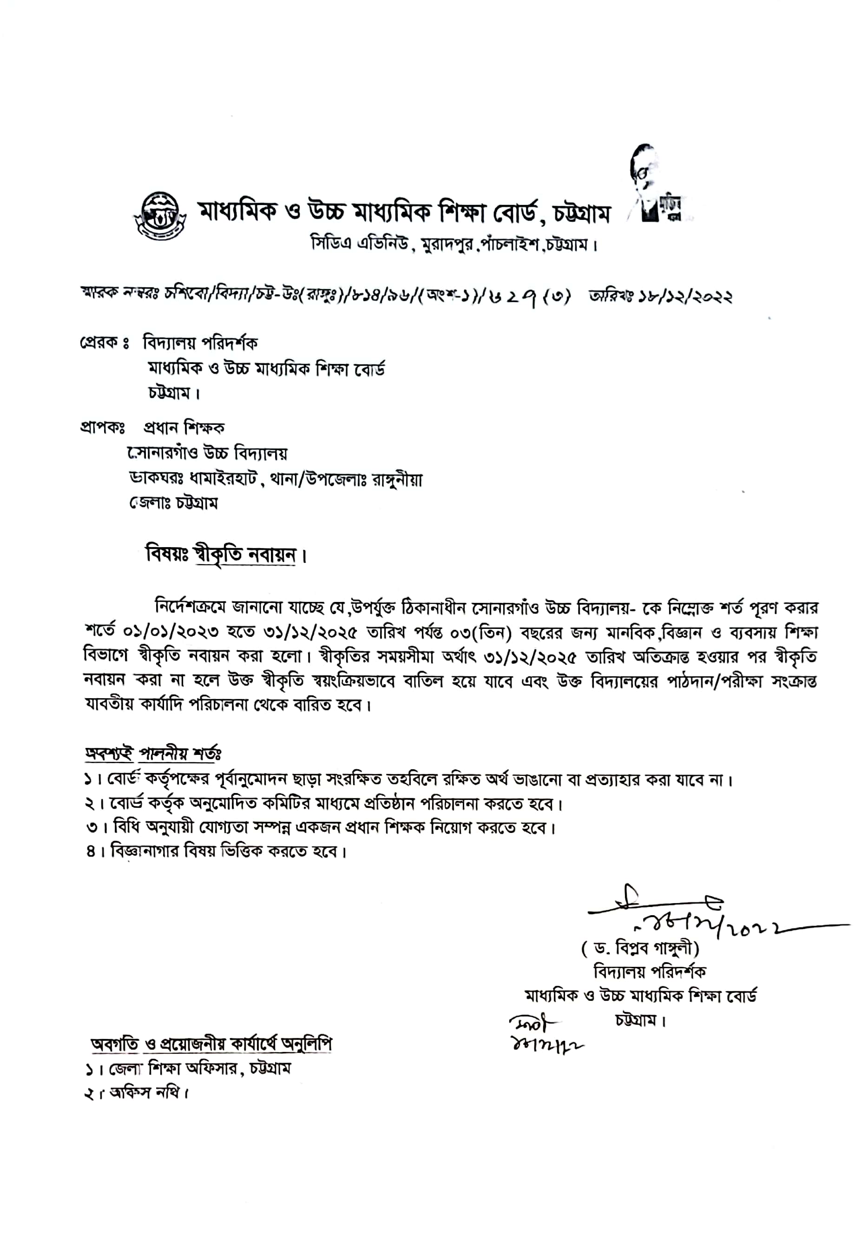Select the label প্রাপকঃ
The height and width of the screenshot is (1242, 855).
pyautogui.click(x=102, y=428)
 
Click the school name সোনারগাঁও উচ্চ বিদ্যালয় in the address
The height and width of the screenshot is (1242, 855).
pyautogui.click(x=207, y=453)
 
